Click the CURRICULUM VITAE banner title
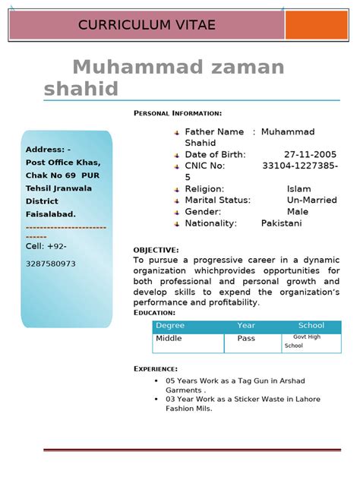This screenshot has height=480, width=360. point(147,26)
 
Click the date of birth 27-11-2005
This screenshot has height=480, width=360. point(310,154)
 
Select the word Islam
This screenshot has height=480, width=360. point(298,188)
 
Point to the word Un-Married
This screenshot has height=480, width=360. point(313,200)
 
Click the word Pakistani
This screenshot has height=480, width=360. point(281,223)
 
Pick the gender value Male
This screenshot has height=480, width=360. point(298,211)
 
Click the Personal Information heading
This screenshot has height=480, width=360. point(178,113)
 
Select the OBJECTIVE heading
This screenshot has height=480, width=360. point(156,250)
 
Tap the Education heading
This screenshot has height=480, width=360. point(154,312)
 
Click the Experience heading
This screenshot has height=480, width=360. point(156,368)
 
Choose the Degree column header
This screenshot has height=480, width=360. point(170,326)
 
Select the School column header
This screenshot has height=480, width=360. point(311,326)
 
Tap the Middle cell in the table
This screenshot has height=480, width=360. point(169,339)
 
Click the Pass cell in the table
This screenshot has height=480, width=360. point(246,339)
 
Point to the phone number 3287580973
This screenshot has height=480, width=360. point(51,264)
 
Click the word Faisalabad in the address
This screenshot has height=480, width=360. point(51,214)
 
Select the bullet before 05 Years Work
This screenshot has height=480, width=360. point(156,380)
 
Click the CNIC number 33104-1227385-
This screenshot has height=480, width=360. point(300,166)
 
